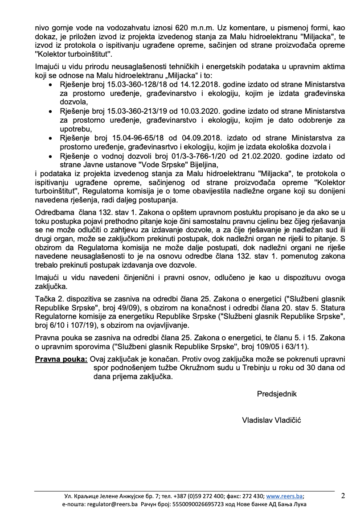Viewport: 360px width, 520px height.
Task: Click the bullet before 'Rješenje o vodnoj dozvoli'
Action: [51, 157]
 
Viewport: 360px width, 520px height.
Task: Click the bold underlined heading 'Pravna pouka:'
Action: [61, 359]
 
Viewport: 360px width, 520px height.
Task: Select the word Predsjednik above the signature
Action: [276, 394]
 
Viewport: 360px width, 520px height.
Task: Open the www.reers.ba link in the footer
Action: [285, 496]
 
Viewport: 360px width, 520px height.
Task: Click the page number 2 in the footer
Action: [343, 495]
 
